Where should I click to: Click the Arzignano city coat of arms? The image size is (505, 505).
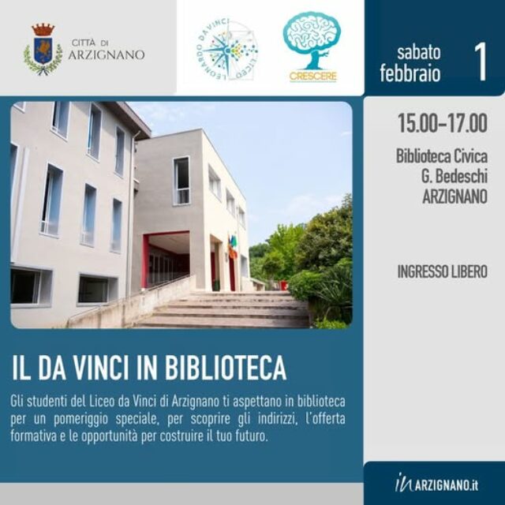coord(43,49)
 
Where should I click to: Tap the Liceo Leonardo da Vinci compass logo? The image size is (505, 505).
coord(227,50)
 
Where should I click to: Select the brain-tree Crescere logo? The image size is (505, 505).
coord(312,47)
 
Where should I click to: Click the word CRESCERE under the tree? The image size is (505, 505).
coord(312,77)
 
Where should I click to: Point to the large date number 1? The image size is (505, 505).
coord(481,62)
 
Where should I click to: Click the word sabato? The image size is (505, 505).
coord(419,52)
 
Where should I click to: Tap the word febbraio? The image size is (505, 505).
coord(410,73)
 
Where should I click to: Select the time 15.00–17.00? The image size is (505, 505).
coord(443,123)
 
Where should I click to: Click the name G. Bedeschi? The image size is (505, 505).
coord(454,176)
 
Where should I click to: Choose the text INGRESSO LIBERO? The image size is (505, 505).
coord(442,271)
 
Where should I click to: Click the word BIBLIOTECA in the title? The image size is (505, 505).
coord(226,368)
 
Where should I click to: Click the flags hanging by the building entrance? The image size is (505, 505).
coord(233,246)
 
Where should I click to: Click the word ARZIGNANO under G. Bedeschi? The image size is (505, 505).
coord(454,196)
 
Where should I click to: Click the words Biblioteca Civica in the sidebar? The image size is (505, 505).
coord(442,156)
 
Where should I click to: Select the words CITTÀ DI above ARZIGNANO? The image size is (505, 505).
coord(90,43)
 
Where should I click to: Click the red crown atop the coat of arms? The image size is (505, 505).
coord(43,30)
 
